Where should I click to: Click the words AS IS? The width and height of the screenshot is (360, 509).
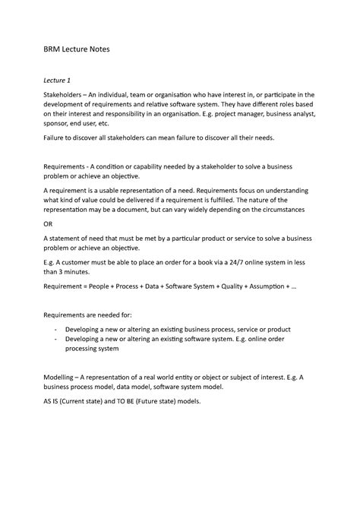[52, 402]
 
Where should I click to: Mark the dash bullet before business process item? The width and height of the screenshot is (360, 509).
[56, 329]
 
